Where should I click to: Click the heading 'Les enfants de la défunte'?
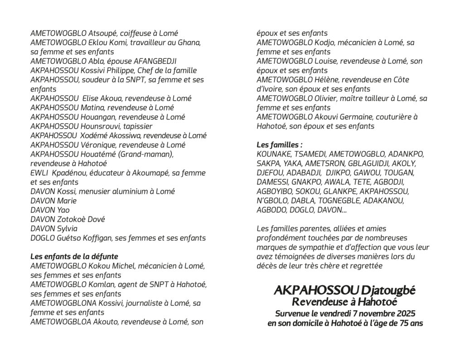click(x=74, y=256)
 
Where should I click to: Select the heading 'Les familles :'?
click(x=279, y=145)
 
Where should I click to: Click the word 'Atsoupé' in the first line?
click(x=103, y=34)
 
